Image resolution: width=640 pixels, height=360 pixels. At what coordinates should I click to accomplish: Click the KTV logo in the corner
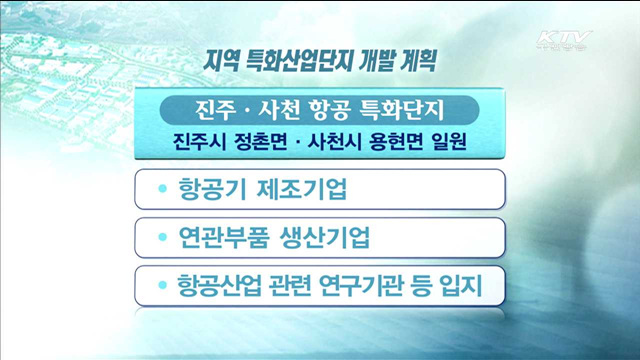click(565, 43)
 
